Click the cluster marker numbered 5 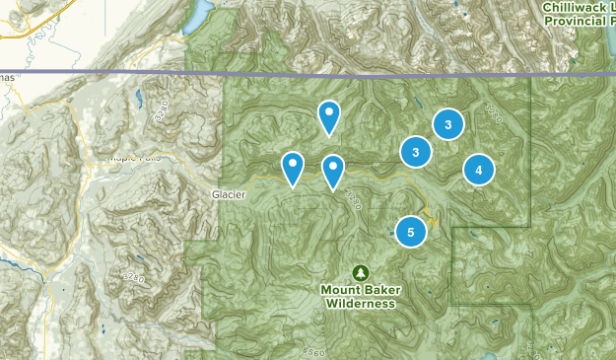[x=411, y=231]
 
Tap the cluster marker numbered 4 [x=478, y=171]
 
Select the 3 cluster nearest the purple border [x=448, y=124]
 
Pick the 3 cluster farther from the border [x=416, y=152]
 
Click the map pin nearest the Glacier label [x=293, y=167]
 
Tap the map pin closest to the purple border [x=329, y=116]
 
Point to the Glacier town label [x=226, y=194]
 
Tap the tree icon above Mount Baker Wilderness [x=360, y=271]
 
